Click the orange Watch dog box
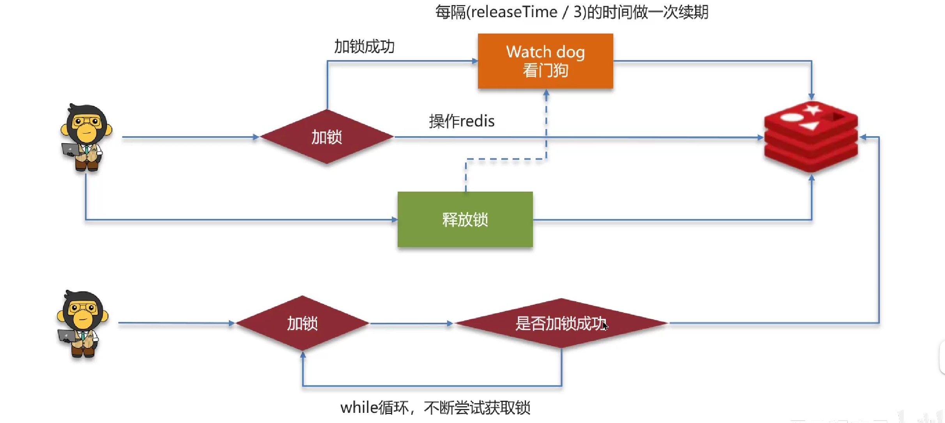545,61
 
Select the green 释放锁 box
465,219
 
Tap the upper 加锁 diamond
327,137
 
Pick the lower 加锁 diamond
303,323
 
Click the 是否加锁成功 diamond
561,323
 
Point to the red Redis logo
811,137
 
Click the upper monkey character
86,137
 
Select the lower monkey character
83,324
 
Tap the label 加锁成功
365,47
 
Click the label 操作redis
462,121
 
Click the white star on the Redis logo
813,109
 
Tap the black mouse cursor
605,326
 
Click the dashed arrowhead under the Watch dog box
546,93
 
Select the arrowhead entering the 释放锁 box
395,220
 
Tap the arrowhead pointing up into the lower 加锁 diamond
303,354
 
